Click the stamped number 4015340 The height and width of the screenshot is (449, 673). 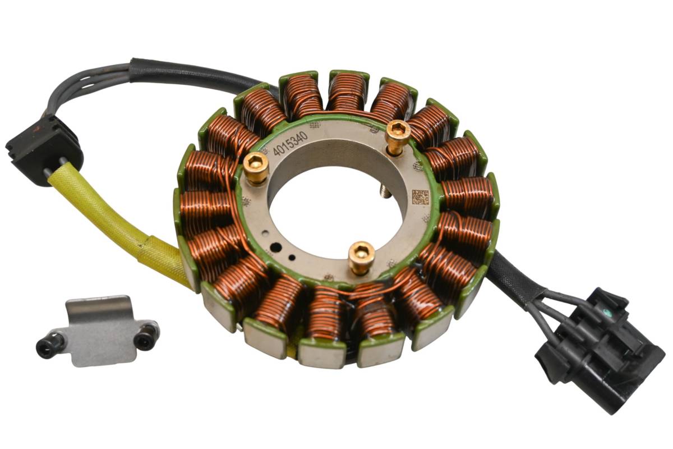tap(291, 144)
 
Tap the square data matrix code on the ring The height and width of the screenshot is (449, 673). tap(420, 197)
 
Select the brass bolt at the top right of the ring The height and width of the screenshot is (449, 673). tap(398, 137)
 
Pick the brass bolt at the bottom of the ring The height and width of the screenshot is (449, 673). tap(361, 258)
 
